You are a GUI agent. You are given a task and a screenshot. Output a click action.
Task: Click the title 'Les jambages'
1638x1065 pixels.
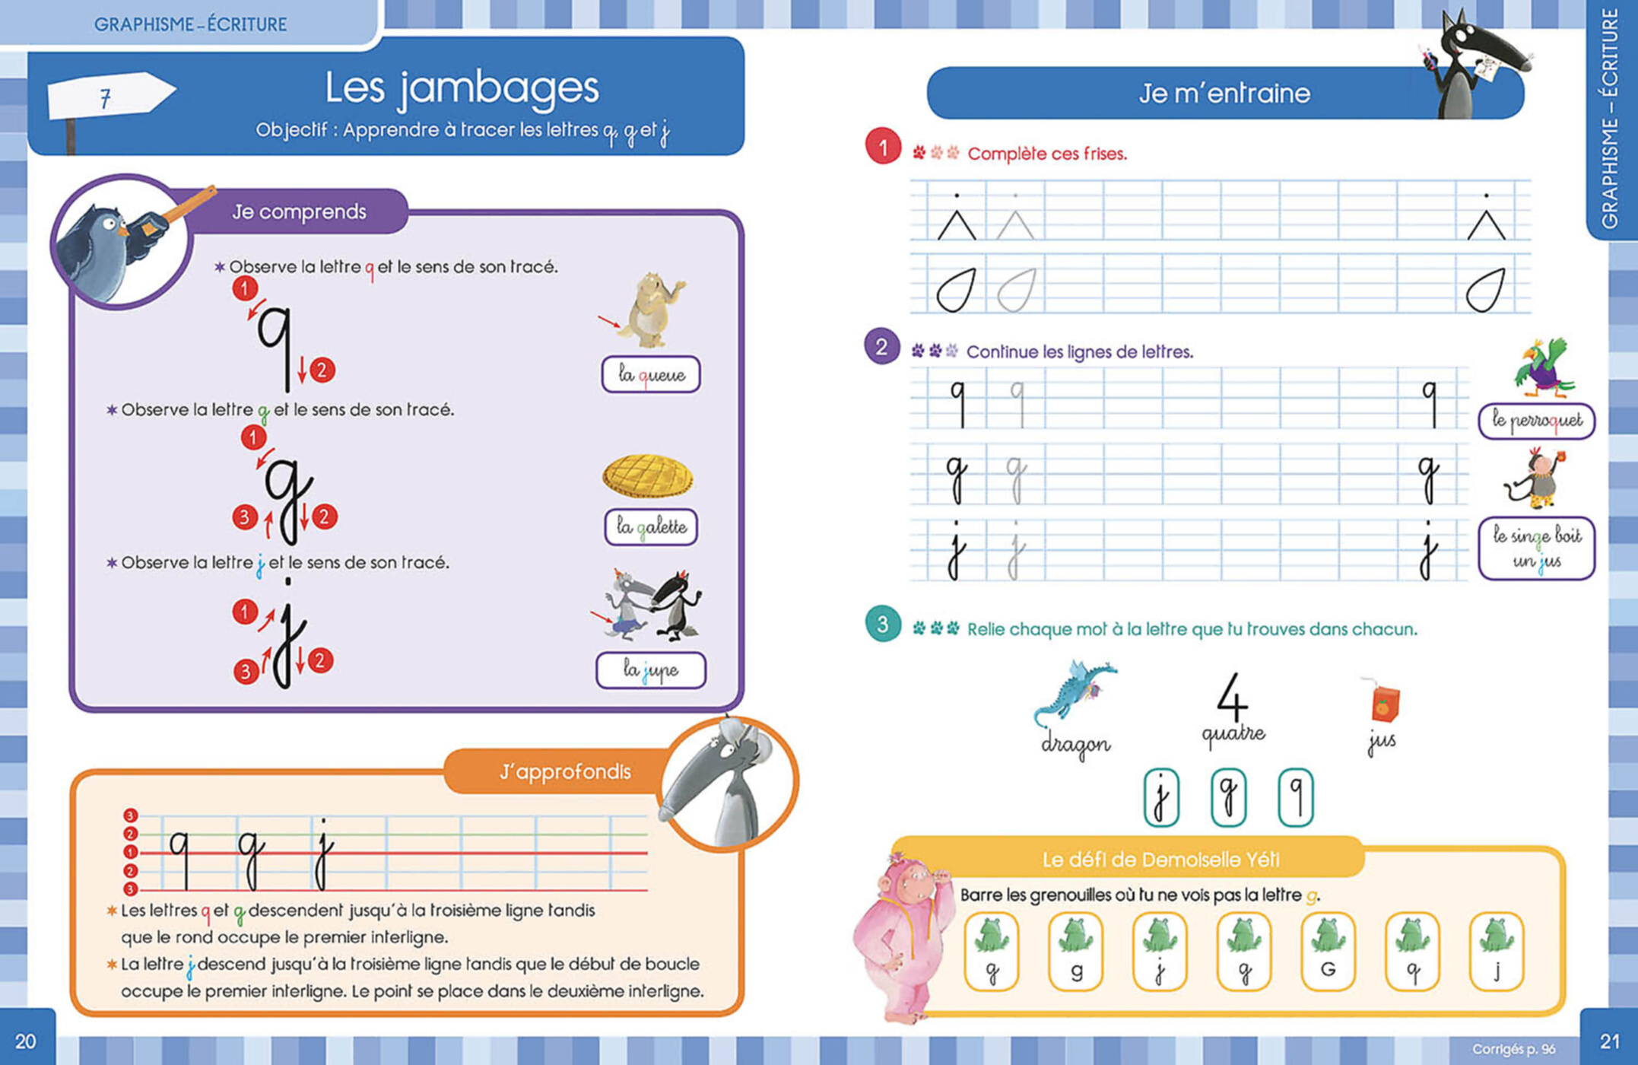[x=462, y=88]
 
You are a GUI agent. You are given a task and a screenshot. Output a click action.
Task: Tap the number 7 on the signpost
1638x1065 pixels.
[x=106, y=98]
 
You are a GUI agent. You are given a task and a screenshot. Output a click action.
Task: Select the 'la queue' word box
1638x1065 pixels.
[x=650, y=374]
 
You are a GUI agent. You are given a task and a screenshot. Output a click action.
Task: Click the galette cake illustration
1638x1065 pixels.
[x=648, y=475]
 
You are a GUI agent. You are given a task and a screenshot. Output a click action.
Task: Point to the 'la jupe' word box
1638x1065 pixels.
[x=650, y=670]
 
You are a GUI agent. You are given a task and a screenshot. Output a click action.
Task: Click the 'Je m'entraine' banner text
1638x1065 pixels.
[x=1224, y=94]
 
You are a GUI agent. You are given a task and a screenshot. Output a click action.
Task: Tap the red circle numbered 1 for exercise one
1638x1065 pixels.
[x=882, y=147]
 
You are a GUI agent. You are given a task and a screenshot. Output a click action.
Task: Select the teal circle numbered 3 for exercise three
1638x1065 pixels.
[x=882, y=625]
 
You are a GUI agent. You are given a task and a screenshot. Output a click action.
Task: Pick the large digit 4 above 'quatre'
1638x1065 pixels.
[x=1232, y=697]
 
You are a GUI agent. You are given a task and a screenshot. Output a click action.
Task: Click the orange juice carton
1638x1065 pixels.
[x=1384, y=701]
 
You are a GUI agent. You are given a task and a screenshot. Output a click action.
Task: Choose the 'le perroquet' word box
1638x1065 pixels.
[x=1535, y=421]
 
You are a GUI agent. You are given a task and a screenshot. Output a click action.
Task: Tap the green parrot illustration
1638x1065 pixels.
[x=1543, y=368]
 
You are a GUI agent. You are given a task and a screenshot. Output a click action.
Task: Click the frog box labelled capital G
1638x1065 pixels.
[x=1328, y=952]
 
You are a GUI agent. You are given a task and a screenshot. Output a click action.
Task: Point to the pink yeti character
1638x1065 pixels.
[x=902, y=936]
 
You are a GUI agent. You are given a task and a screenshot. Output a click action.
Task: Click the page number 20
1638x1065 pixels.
[x=26, y=1041]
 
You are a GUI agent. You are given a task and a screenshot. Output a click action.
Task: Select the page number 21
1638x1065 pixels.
[x=1609, y=1041]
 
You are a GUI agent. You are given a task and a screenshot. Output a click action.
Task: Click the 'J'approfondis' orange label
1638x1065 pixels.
[x=564, y=772]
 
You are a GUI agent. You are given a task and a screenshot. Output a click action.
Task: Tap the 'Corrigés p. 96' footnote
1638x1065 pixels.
[x=1513, y=1049]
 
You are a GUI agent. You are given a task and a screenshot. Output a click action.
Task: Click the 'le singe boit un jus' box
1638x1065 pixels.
[x=1535, y=548]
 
